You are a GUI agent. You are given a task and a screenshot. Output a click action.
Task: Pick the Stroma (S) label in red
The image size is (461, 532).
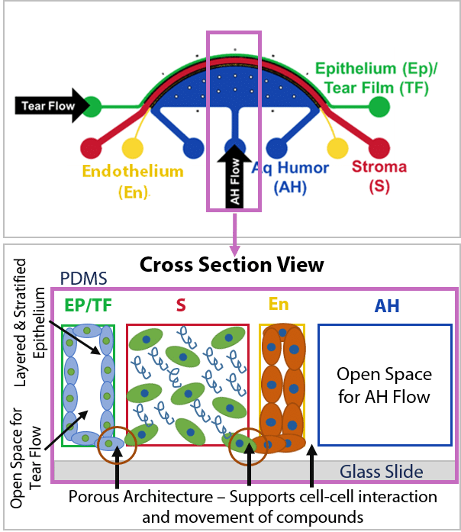pyautogui.click(x=379, y=176)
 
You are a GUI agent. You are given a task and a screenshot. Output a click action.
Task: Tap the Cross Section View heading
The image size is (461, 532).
pyautogui.click(x=231, y=265)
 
